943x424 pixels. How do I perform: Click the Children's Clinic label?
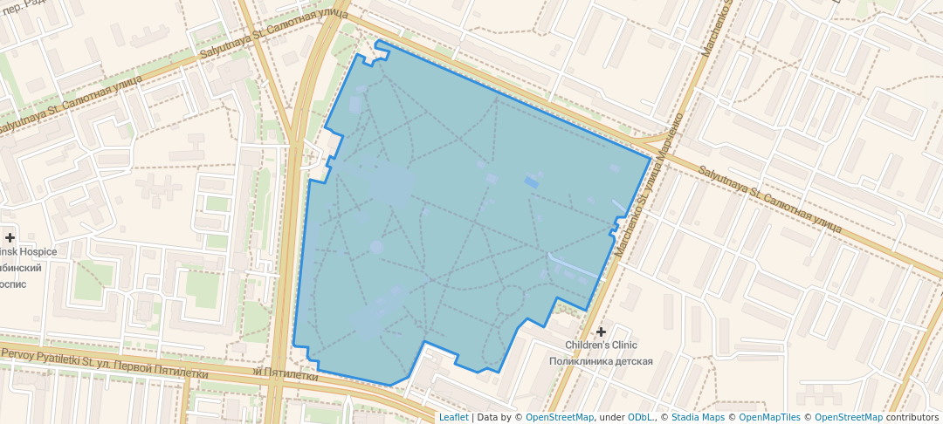[x=601, y=345]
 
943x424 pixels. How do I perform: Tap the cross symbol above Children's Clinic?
[x=601, y=332]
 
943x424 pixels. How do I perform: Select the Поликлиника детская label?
[x=601, y=360]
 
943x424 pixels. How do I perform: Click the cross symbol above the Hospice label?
[x=10, y=237]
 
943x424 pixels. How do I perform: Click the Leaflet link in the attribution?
[x=453, y=417]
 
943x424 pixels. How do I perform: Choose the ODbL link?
[x=639, y=417]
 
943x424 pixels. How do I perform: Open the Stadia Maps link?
[x=698, y=417]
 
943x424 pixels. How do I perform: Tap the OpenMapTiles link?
[x=768, y=417]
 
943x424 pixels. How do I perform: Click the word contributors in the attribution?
[x=912, y=417]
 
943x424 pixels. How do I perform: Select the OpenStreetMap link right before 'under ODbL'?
[x=559, y=417]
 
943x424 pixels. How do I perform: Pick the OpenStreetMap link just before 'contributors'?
[x=849, y=417]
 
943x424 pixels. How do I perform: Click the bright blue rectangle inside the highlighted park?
[x=531, y=182]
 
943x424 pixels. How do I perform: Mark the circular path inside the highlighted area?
[x=510, y=302]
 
